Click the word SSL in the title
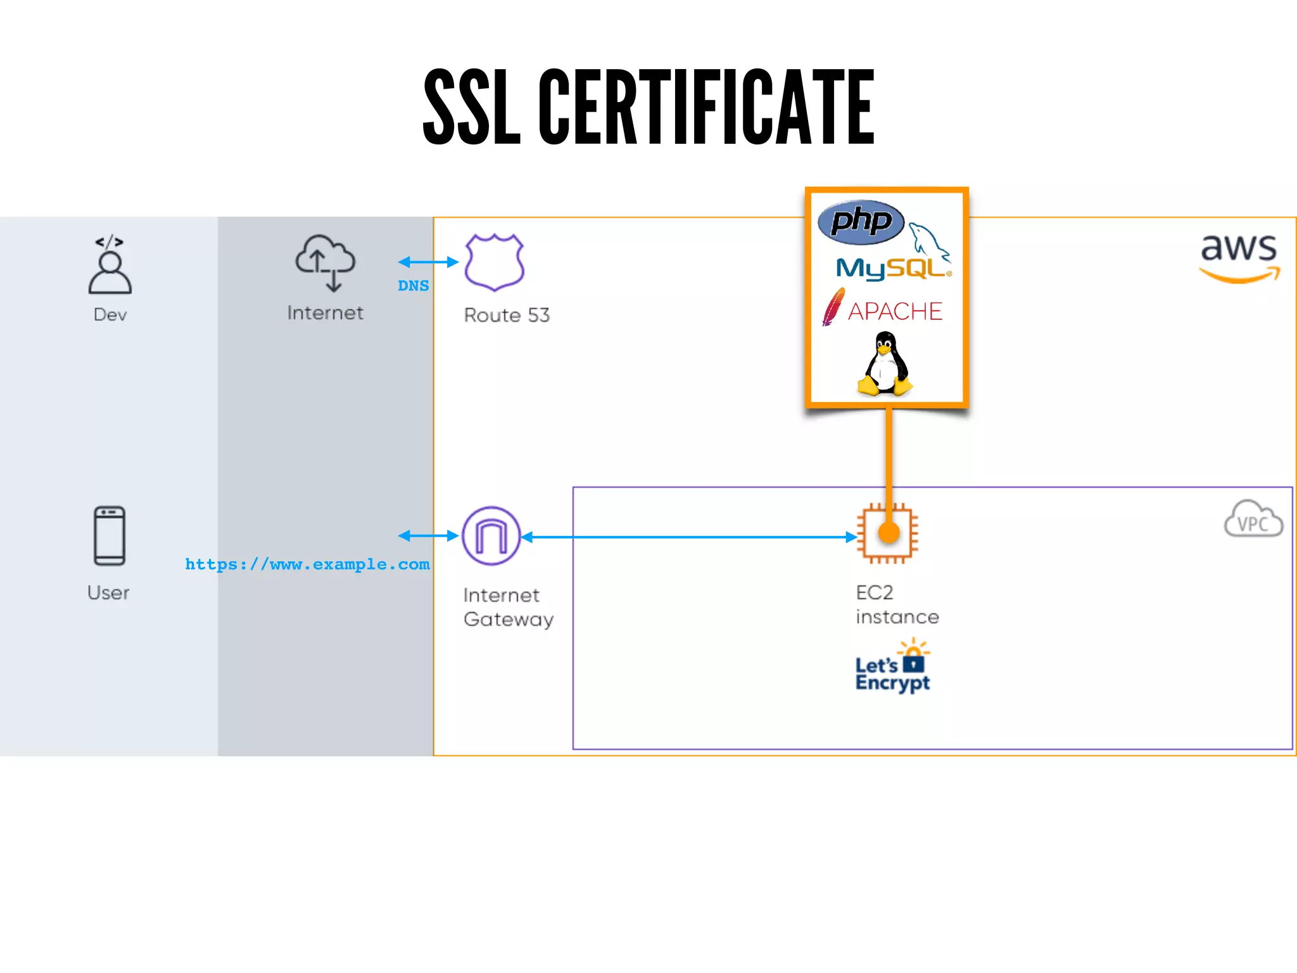coord(472,108)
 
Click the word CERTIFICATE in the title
coord(706,108)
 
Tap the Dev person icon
coord(110,266)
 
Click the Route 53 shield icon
coord(494,262)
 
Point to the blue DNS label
coord(413,286)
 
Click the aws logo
coord(1239,257)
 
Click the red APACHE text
coord(894,312)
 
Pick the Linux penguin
coord(885,364)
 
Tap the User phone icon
coord(110,536)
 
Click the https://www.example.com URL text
coord(307,564)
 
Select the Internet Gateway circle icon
coord(491,536)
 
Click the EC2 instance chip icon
coord(887,533)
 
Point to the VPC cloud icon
coord(1253,519)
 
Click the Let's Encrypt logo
coord(892,668)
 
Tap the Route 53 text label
coord(507,315)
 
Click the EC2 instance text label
coord(897,605)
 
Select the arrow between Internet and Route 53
coord(428,262)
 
